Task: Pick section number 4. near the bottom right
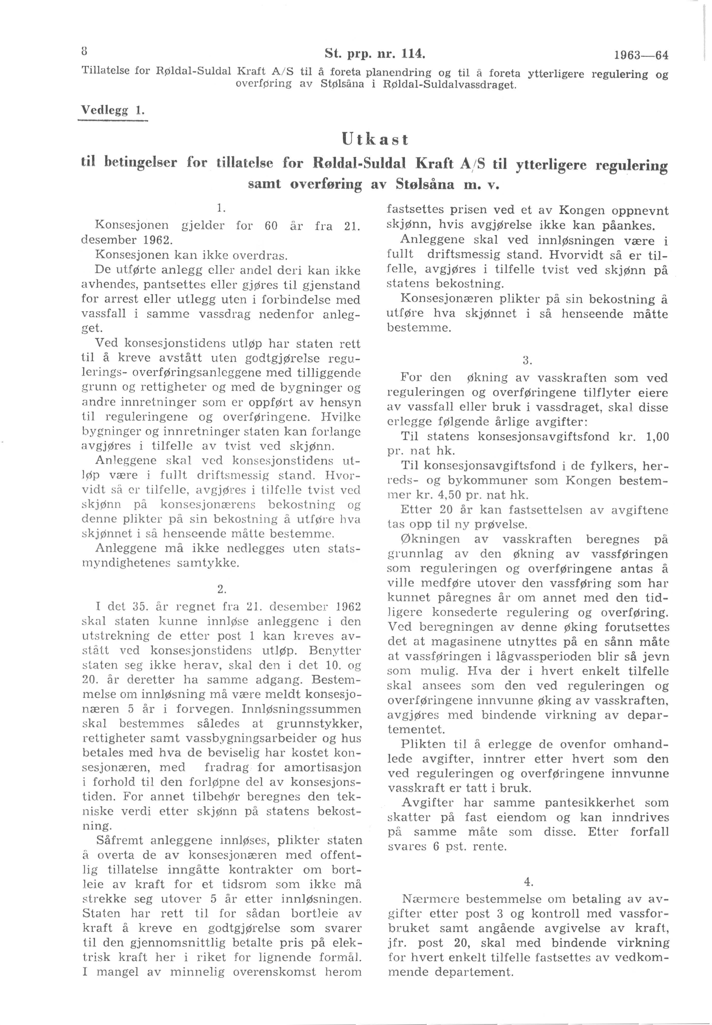coord(529,882)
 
